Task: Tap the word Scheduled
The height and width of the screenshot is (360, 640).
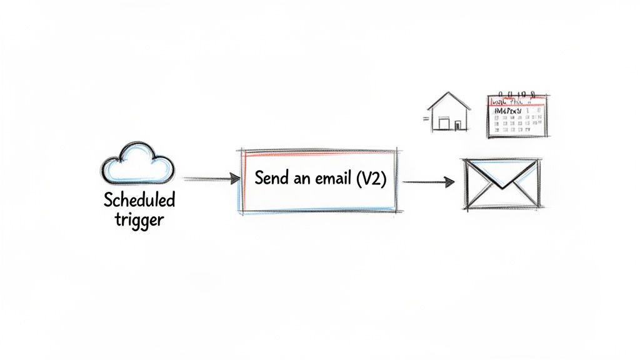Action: pos(139,201)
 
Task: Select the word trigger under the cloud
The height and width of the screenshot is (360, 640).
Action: pos(139,220)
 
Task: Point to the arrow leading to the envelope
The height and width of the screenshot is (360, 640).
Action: pos(429,182)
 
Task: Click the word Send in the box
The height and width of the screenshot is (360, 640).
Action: pos(269,178)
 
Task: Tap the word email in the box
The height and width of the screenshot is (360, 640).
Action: pos(331,178)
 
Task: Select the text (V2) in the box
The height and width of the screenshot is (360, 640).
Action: pos(371,179)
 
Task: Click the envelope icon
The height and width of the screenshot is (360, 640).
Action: pos(500,184)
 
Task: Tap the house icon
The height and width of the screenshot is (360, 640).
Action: pos(449,112)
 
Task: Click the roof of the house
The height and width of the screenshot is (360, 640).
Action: pos(449,101)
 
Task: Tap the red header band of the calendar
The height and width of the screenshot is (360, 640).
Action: pos(517,99)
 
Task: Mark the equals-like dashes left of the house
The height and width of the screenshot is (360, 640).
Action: pos(426,117)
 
